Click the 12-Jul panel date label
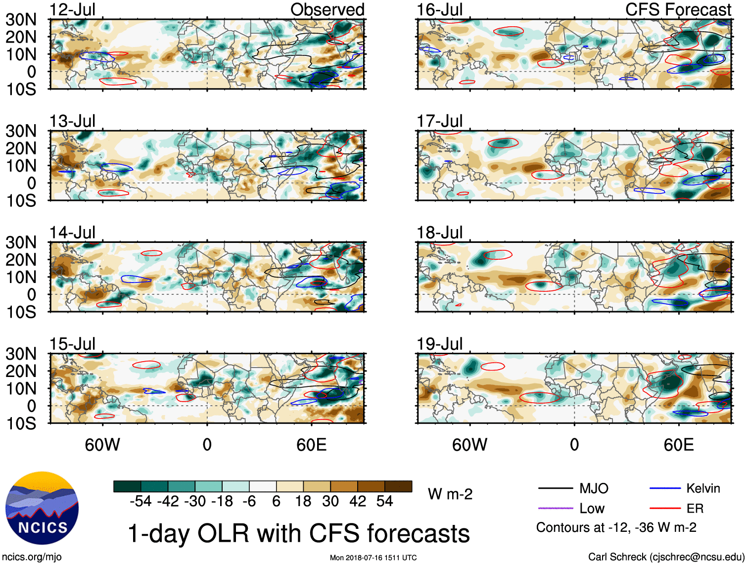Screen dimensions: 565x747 pyautogui.click(x=72, y=9)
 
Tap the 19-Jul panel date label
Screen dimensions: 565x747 pyautogui.click(x=440, y=344)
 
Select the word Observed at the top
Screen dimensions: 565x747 pyautogui.click(x=327, y=9)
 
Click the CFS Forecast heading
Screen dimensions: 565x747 pyautogui.click(x=678, y=9)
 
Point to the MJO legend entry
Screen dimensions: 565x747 pyautogui.click(x=594, y=489)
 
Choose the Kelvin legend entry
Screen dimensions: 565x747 pyautogui.click(x=703, y=489)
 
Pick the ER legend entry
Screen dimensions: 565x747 pyautogui.click(x=695, y=509)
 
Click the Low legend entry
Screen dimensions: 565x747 pyautogui.click(x=592, y=509)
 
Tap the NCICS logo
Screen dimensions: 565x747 pyautogui.click(x=42, y=508)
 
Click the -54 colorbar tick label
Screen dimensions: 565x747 pyautogui.click(x=140, y=501)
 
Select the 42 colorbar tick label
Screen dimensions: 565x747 pyautogui.click(x=358, y=501)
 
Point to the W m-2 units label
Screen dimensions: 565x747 pyautogui.click(x=450, y=494)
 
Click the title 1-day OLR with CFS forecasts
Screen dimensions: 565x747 pyautogui.click(x=299, y=533)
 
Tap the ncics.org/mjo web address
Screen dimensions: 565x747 pyautogui.click(x=31, y=557)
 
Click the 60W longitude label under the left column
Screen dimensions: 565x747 pyautogui.click(x=102, y=445)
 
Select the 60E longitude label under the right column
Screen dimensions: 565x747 pyautogui.click(x=679, y=445)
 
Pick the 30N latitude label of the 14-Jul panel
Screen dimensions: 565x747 pyautogui.click(x=21, y=242)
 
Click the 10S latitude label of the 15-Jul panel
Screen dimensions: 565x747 pyautogui.click(x=21, y=424)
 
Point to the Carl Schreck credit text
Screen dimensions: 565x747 pyautogui.click(x=666, y=557)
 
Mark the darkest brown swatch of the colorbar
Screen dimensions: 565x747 pyautogui.click(x=398, y=486)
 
